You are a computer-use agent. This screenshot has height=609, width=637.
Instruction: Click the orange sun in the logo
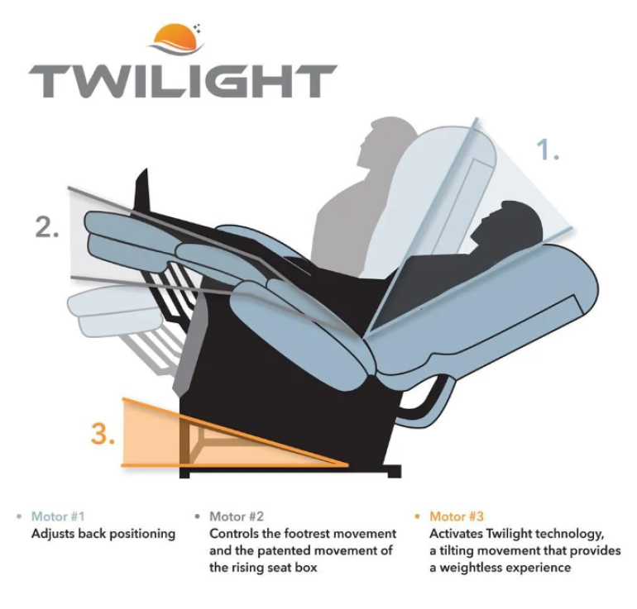click(176, 36)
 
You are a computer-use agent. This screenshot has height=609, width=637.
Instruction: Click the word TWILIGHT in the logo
click(183, 81)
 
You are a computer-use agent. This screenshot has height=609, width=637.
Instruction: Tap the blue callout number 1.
click(548, 150)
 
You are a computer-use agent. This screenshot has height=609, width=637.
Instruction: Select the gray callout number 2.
click(47, 227)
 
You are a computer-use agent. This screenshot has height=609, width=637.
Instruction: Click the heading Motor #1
click(58, 516)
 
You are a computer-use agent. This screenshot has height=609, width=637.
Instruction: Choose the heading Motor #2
click(237, 516)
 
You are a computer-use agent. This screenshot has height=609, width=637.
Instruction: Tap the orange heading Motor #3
click(457, 516)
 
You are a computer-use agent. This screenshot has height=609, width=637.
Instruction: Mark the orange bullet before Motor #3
click(417, 517)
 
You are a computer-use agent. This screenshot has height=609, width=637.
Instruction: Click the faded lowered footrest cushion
click(114, 311)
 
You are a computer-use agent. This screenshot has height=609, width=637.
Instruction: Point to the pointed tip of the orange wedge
click(347, 465)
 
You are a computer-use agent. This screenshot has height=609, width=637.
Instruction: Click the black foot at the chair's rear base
click(395, 472)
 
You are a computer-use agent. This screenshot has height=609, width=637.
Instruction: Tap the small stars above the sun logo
click(198, 27)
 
